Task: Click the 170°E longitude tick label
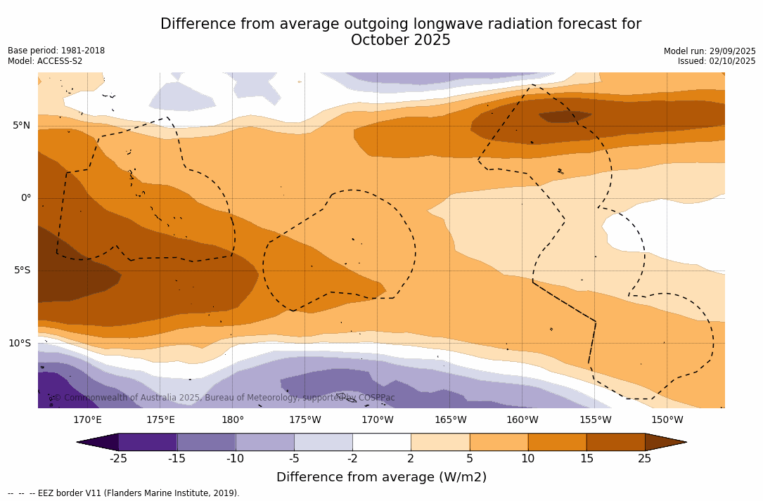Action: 87,420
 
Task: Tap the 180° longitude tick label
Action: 233,420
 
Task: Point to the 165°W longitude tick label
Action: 450,420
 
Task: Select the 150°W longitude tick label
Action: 667,420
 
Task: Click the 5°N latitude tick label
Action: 21,126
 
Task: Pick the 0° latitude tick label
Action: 25,197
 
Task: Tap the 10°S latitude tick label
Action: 19,343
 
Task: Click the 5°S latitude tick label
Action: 21,271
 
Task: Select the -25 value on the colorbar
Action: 118,459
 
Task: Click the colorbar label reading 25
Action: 644,459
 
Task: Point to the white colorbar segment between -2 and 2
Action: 381,442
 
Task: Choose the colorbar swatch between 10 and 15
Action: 556,442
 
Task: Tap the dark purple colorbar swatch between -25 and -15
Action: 148,442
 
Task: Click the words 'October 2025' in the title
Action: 401,40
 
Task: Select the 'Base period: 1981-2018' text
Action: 56,51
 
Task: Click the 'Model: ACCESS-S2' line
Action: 45,61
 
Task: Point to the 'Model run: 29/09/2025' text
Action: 710,51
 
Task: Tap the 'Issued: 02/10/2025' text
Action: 717,61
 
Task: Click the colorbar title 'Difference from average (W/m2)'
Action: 381,477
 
